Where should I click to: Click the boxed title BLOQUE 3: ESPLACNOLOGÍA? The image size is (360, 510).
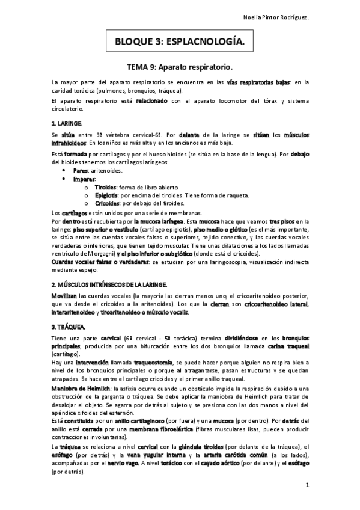[180, 42]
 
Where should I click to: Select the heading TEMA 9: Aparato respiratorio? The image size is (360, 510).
[180, 66]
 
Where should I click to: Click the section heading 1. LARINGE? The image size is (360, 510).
[67, 123]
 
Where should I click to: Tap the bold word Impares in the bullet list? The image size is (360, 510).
[84, 179]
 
